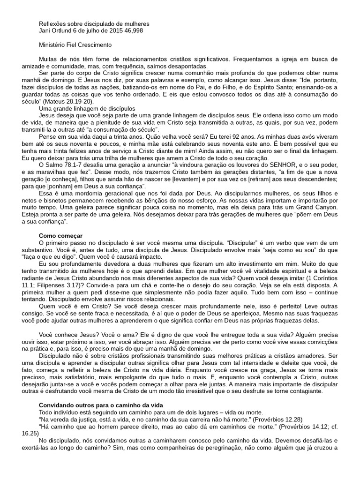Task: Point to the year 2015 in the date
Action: tap(112, 31)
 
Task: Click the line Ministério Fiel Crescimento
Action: tap(75, 45)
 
